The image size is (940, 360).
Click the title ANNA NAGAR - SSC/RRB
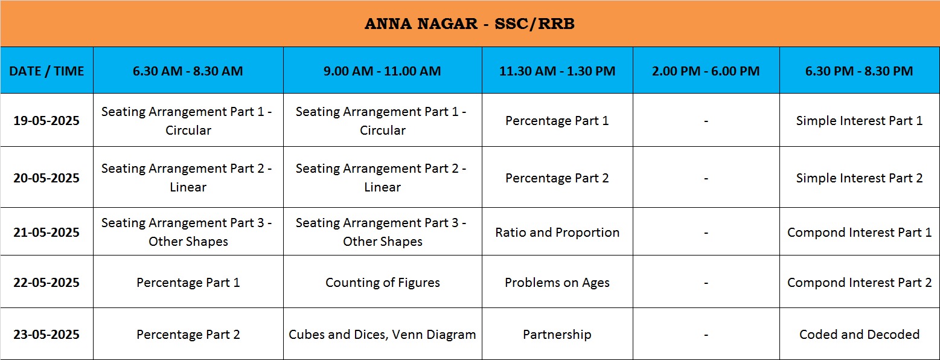click(470, 24)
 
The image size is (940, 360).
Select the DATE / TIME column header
click(46, 71)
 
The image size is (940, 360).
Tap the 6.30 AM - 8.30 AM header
click(188, 71)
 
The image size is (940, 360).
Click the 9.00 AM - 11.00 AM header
click(382, 71)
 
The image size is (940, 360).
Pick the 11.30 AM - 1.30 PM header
click(557, 71)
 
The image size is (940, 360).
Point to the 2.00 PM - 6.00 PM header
click(706, 71)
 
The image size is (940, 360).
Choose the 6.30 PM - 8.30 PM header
click(859, 71)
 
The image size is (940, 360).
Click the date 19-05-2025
click(46, 121)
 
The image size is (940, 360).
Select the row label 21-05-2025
click(46, 233)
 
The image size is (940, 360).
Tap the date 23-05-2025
click(46, 335)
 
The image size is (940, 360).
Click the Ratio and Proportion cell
click(557, 233)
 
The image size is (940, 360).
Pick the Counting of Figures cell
click(383, 283)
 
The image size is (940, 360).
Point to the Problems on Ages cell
click(557, 283)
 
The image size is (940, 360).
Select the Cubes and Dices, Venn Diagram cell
click(382, 335)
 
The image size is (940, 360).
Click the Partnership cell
click(557, 335)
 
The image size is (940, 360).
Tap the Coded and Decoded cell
click(860, 335)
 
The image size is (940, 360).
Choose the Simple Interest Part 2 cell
click(860, 178)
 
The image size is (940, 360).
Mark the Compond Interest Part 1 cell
click(860, 233)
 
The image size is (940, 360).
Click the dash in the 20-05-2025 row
click(706, 179)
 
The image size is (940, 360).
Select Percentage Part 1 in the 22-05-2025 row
click(188, 283)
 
